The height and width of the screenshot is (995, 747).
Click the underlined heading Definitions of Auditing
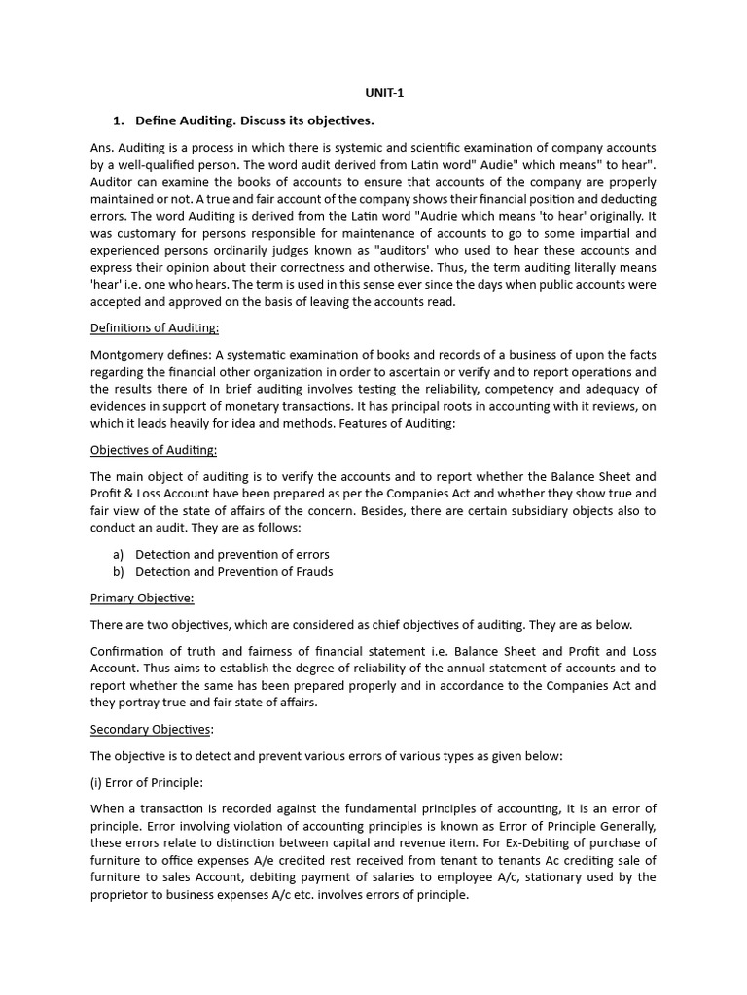pyautogui.click(x=155, y=327)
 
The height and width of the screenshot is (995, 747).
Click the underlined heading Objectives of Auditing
pyautogui.click(x=154, y=450)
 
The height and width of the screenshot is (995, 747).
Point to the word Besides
pyautogui.click(x=420, y=510)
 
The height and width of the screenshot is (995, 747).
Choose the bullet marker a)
pyautogui.click(x=119, y=554)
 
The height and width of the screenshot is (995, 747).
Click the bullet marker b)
pyautogui.click(x=119, y=571)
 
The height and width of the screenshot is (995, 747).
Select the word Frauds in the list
pyautogui.click(x=308, y=571)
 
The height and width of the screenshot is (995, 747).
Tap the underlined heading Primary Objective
pyautogui.click(x=142, y=598)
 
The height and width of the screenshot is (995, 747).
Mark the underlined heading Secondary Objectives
pyautogui.click(x=150, y=730)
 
